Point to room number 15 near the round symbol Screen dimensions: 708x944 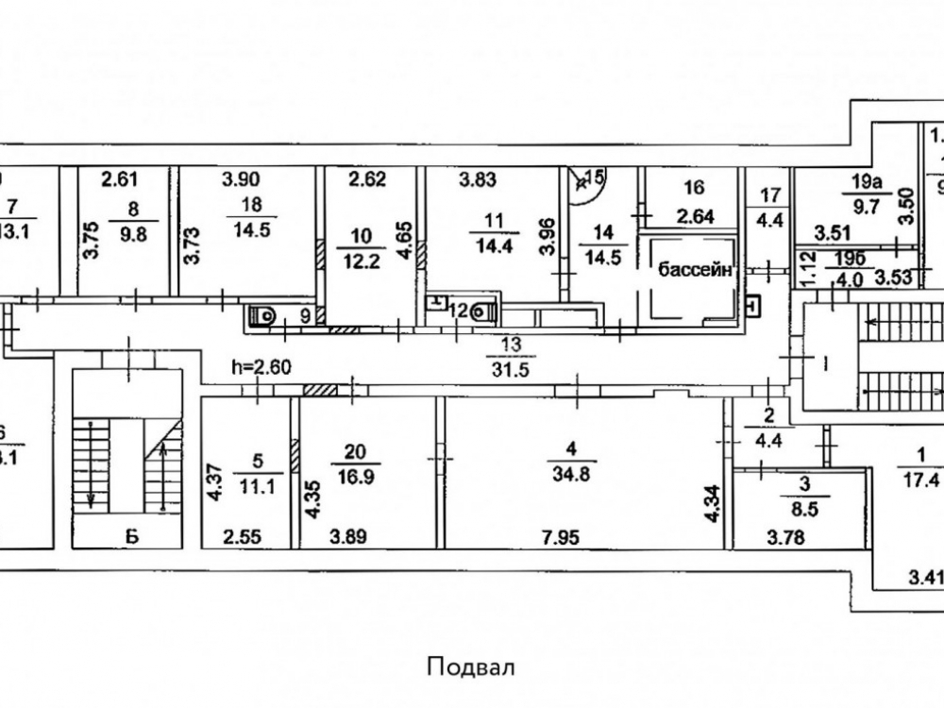click(x=594, y=177)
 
